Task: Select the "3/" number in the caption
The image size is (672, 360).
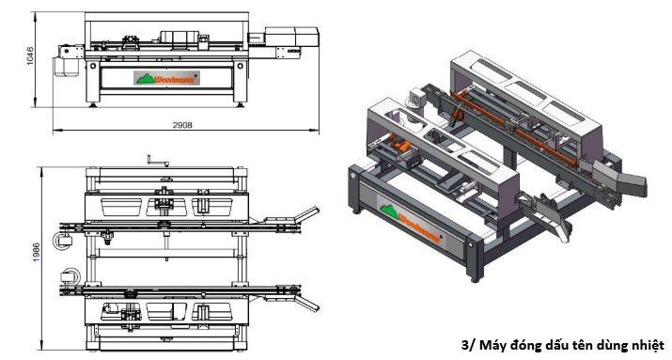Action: tap(470, 344)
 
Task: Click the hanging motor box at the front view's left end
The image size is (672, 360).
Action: tap(68, 63)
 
